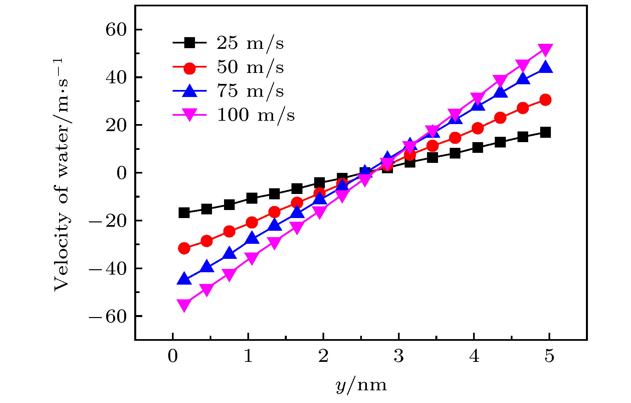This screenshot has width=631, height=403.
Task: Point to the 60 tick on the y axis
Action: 116,30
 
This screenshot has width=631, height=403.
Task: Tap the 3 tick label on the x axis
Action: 399,357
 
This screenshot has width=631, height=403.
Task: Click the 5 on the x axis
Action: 549,357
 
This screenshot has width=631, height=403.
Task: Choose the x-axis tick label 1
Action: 248,357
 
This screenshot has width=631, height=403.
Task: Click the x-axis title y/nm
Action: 361,386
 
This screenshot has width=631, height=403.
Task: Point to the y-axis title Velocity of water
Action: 62,174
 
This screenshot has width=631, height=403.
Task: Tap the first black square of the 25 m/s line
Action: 184,213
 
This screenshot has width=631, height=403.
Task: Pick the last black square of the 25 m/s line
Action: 545,132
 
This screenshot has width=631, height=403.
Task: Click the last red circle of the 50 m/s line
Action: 545,100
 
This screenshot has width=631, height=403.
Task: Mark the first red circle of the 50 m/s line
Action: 184,248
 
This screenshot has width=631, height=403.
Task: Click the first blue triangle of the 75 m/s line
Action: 184,279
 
